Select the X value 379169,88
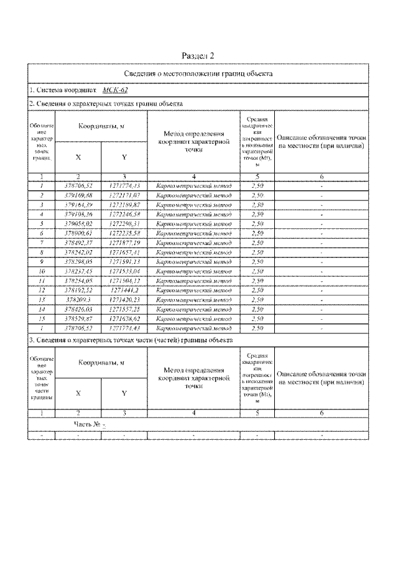[x=78, y=195]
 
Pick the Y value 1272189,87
[x=124, y=205]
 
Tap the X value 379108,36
[x=78, y=214]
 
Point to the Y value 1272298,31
[x=124, y=223]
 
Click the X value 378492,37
[x=78, y=242]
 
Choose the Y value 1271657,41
[x=124, y=252]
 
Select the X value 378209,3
[x=78, y=299]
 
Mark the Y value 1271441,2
[x=124, y=290]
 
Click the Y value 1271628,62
[x=124, y=318]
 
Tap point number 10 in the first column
[x=42, y=271]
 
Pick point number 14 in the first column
[x=42, y=309]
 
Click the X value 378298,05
[x=78, y=261]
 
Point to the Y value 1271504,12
[x=124, y=280]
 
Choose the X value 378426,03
[x=78, y=309]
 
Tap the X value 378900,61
[x=78, y=233]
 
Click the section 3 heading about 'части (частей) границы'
[x=131, y=340]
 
